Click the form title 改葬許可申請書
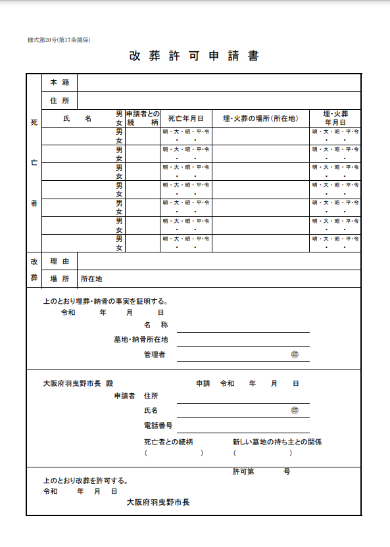click(194, 56)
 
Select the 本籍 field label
click(59, 83)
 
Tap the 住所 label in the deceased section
click(59, 101)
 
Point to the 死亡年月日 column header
click(185, 118)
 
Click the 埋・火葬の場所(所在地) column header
click(260, 118)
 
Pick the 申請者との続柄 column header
click(143, 118)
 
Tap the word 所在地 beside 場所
click(91, 279)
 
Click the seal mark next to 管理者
click(295, 354)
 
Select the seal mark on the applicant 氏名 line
click(295, 410)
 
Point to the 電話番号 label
click(158, 425)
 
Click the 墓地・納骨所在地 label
click(141, 339)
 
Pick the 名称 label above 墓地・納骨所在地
click(156, 325)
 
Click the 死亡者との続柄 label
click(168, 442)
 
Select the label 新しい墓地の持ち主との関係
click(277, 442)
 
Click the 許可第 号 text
click(261, 471)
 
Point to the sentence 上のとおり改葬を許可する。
click(85, 481)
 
